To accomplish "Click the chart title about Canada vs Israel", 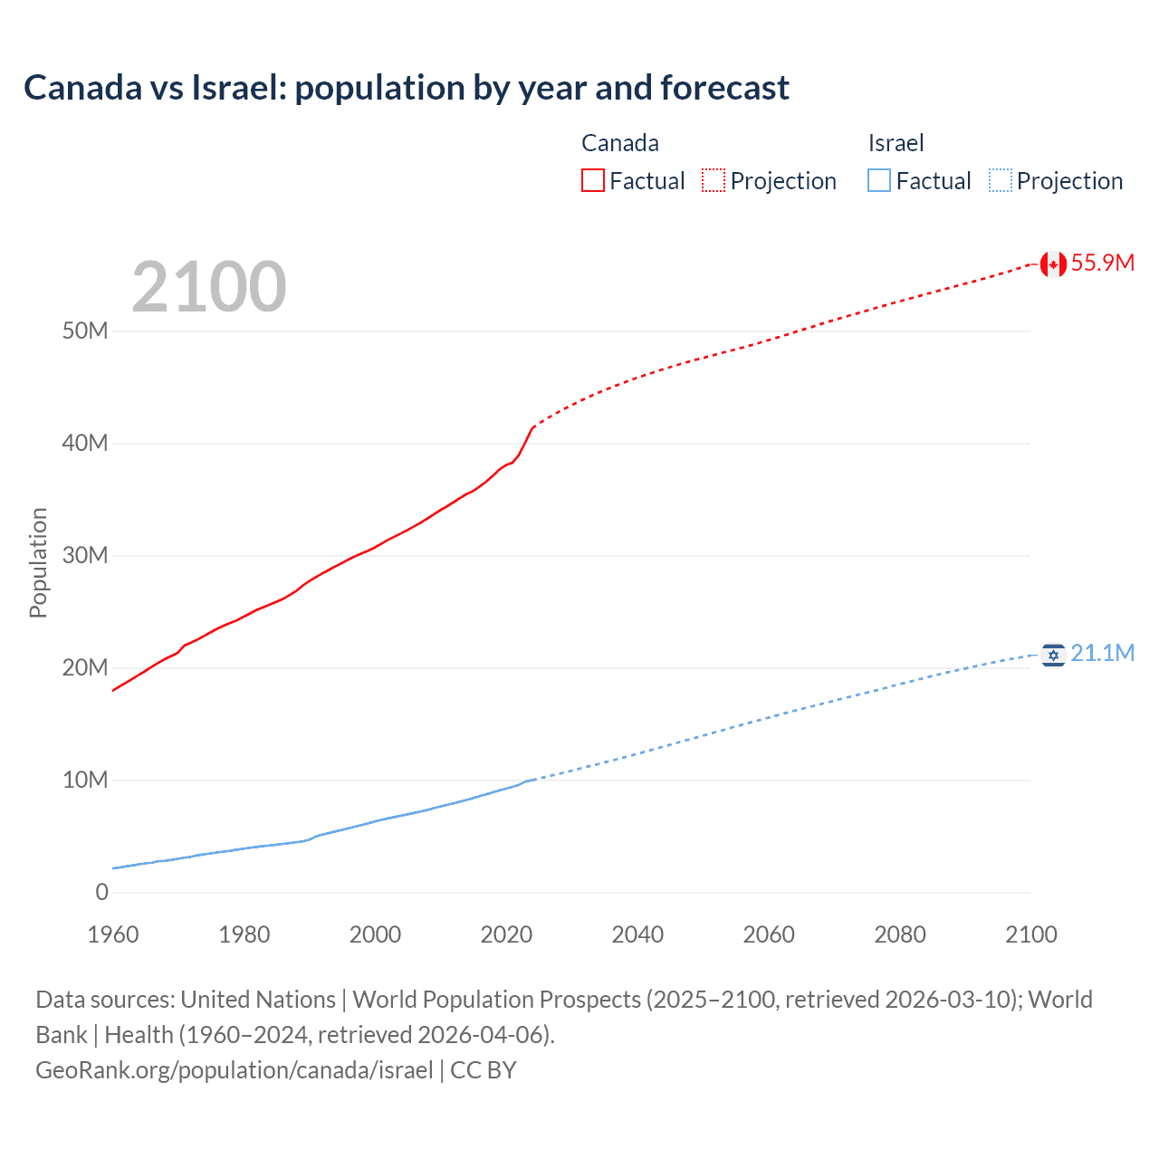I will tap(407, 88).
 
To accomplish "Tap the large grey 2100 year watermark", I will tap(209, 287).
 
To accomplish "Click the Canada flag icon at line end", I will tap(1052, 263).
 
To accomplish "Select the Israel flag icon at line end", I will tap(1052, 654).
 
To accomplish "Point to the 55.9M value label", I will tap(1102, 263).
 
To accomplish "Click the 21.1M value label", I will tap(1102, 654).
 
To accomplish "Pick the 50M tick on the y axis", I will tap(85, 330).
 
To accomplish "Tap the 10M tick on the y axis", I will tap(85, 780).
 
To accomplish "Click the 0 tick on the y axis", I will tap(101, 892).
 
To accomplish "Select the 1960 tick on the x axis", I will tap(113, 934).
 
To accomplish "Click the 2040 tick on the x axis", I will tap(637, 934).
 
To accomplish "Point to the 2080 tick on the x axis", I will tap(900, 934).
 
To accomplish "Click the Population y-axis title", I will tap(38, 562).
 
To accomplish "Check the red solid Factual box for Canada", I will tap(593, 180).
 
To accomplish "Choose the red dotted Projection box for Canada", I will tap(714, 180).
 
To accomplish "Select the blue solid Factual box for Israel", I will tap(879, 180).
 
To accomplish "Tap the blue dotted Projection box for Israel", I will tap(1000, 180).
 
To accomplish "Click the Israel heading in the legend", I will tap(896, 143).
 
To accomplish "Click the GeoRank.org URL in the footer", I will tap(235, 1069).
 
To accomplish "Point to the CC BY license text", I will tap(484, 1069).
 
